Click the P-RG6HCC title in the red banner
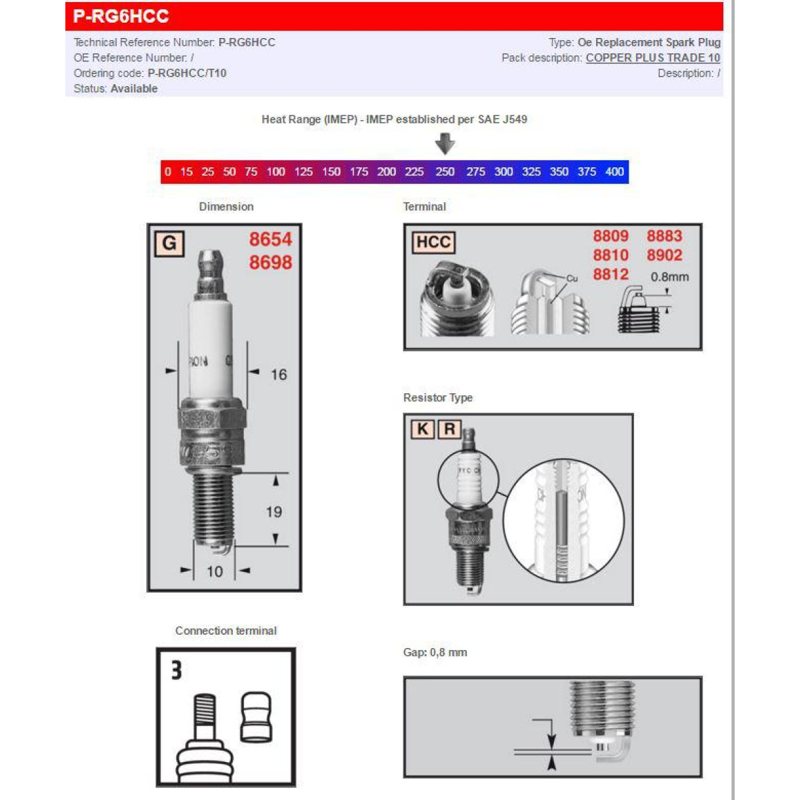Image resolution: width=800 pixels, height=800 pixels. [x=121, y=16]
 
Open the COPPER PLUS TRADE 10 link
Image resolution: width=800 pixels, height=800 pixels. [x=653, y=58]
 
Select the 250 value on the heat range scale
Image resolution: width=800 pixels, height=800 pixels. [x=445, y=172]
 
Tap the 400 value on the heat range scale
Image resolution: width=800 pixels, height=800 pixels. [x=614, y=172]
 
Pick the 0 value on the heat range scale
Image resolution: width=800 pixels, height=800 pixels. [x=167, y=172]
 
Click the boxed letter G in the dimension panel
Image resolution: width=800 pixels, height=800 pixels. [x=169, y=243]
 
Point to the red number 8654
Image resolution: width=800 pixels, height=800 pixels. [x=270, y=239]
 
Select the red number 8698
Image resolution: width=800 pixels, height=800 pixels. [x=270, y=263]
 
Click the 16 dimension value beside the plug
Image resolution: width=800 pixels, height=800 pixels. [x=279, y=375]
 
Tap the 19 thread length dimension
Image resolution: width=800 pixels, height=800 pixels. [x=274, y=512]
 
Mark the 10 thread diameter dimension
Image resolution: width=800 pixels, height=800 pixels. [x=215, y=571]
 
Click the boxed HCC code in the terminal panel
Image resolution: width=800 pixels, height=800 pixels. [x=433, y=242]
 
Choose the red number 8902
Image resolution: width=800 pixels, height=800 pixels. [x=664, y=255]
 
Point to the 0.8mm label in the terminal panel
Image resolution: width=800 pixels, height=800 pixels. [x=669, y=277]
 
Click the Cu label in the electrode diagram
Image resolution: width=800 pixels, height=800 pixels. [x=572, y=279]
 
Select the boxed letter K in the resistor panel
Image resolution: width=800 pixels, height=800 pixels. [x=423, y=429]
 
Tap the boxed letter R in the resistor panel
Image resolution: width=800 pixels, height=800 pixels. [x=449, y=429]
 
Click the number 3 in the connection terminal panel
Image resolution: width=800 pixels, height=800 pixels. [x=176, y=670]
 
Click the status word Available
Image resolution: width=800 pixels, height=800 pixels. [x=134, y=89]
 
